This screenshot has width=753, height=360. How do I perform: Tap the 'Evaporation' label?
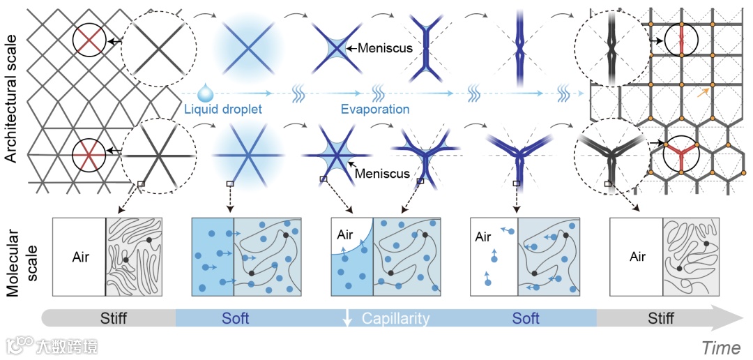tap(374, 110)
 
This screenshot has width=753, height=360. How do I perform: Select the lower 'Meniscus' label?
tap(382, 174)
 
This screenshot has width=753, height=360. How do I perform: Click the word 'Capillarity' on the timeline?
tap(395, 319)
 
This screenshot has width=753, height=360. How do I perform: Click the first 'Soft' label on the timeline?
tap(235, 319)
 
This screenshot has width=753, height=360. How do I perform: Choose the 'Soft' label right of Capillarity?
tap(526, 319)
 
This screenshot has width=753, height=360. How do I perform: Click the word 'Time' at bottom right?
tap(721, 347)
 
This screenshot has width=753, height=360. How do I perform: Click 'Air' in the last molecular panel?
tap(637, 257)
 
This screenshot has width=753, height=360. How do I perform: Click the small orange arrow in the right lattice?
tap(706, 91)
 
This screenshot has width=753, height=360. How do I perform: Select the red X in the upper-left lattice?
tap(89, 40)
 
